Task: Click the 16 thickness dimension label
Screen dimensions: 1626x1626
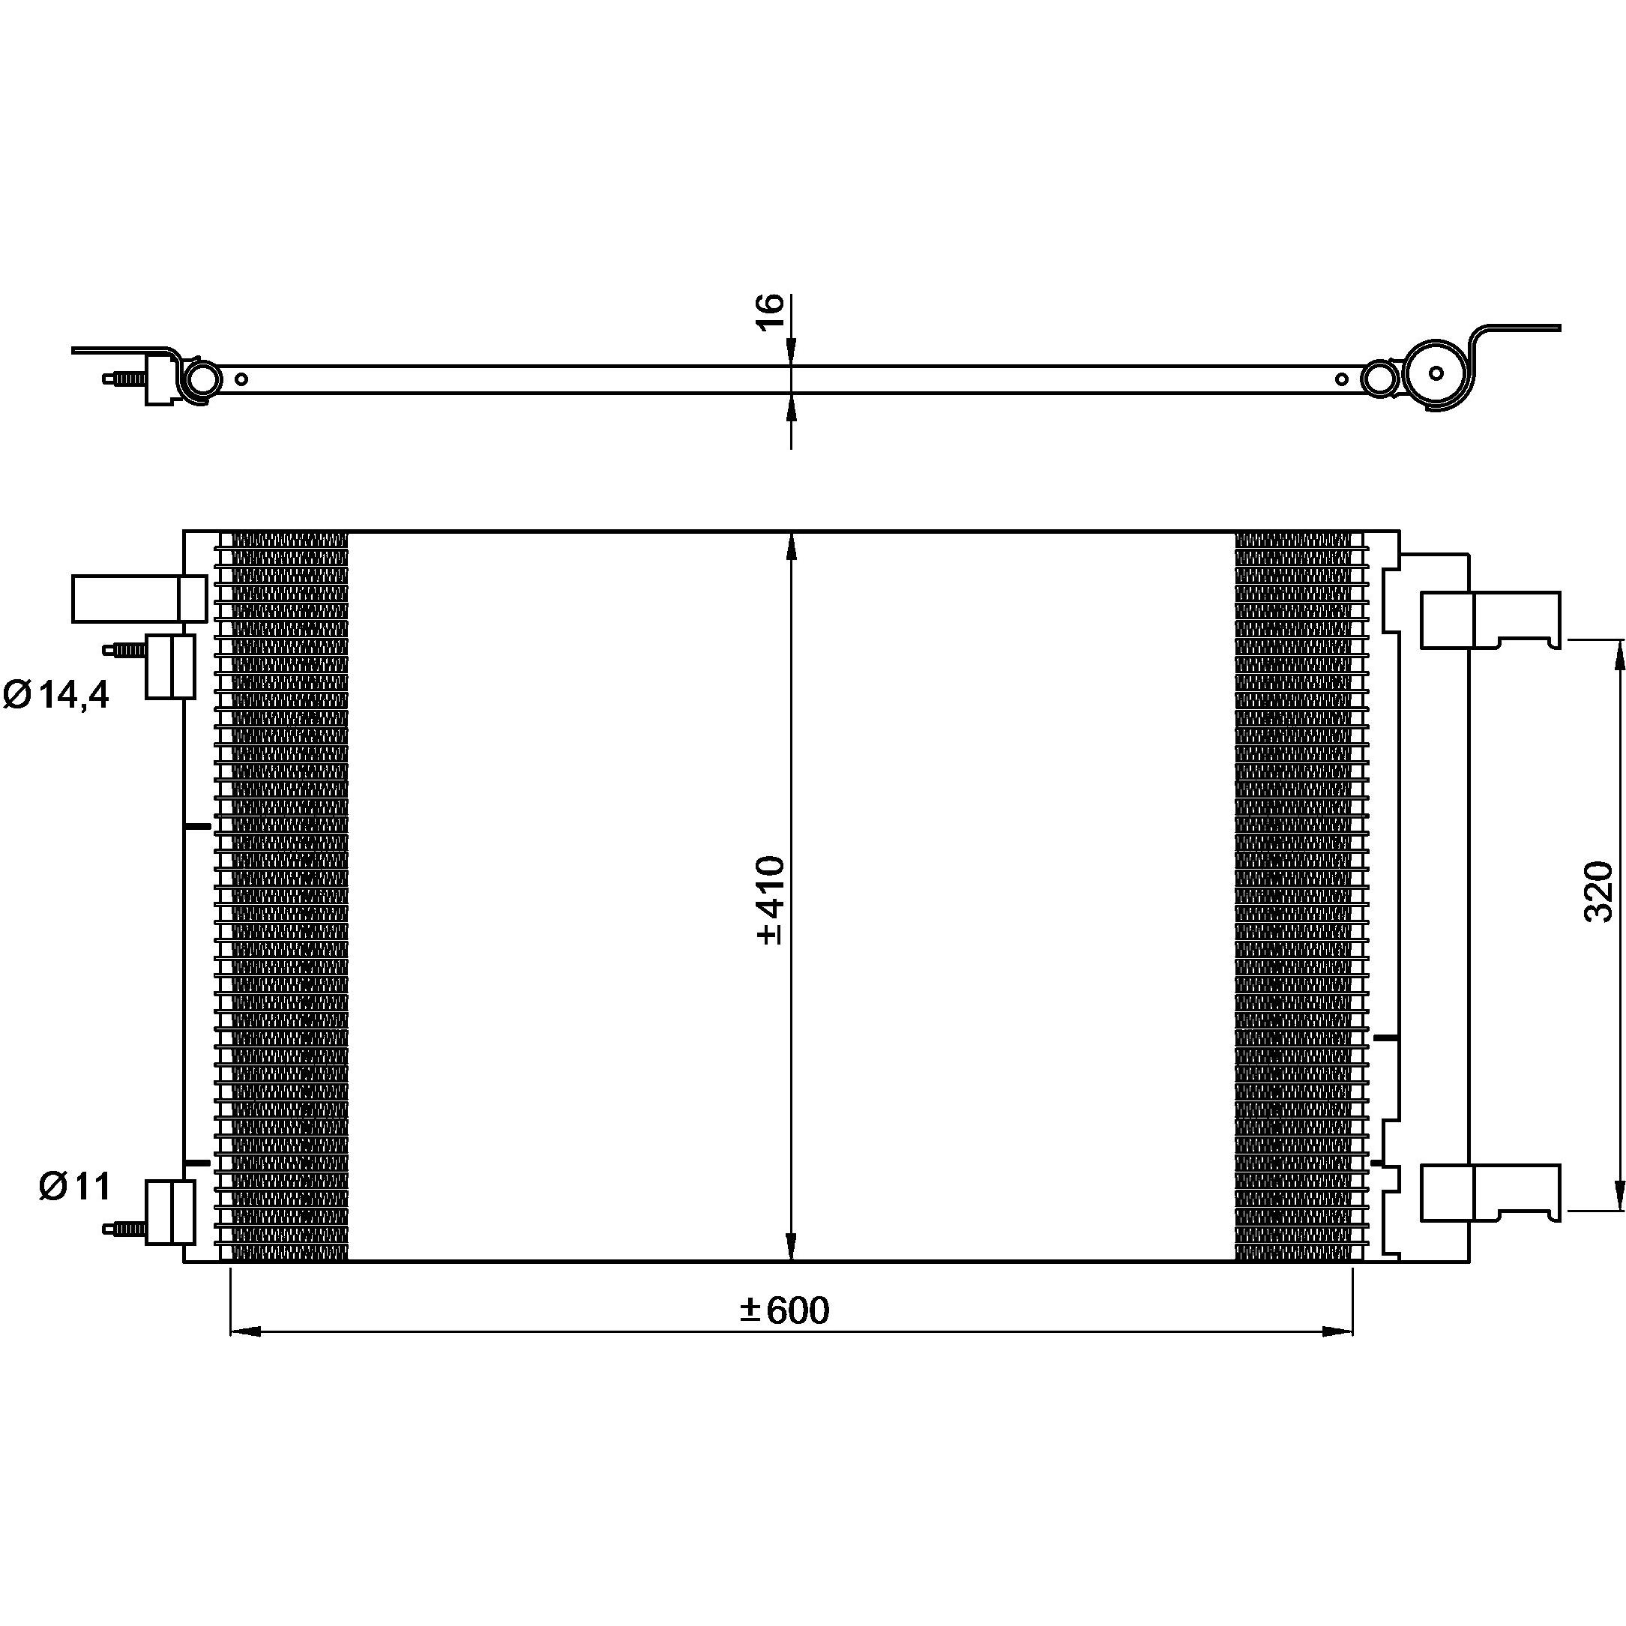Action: click(x=771, y=313)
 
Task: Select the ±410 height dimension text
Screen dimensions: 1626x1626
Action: click(x=770, y=900)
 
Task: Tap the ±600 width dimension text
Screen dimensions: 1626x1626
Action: click(x=784, y=1310)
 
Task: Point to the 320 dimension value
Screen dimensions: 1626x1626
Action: click(x=1599, y=891)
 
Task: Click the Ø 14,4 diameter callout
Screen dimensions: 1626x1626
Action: click(x=56, y=695)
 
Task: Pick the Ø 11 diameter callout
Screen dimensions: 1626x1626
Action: click(x=75, y=1187)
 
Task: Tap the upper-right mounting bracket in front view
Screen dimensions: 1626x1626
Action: click(x=1490, y=620)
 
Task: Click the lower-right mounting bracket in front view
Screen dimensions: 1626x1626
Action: click(x=1490, y=1193)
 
